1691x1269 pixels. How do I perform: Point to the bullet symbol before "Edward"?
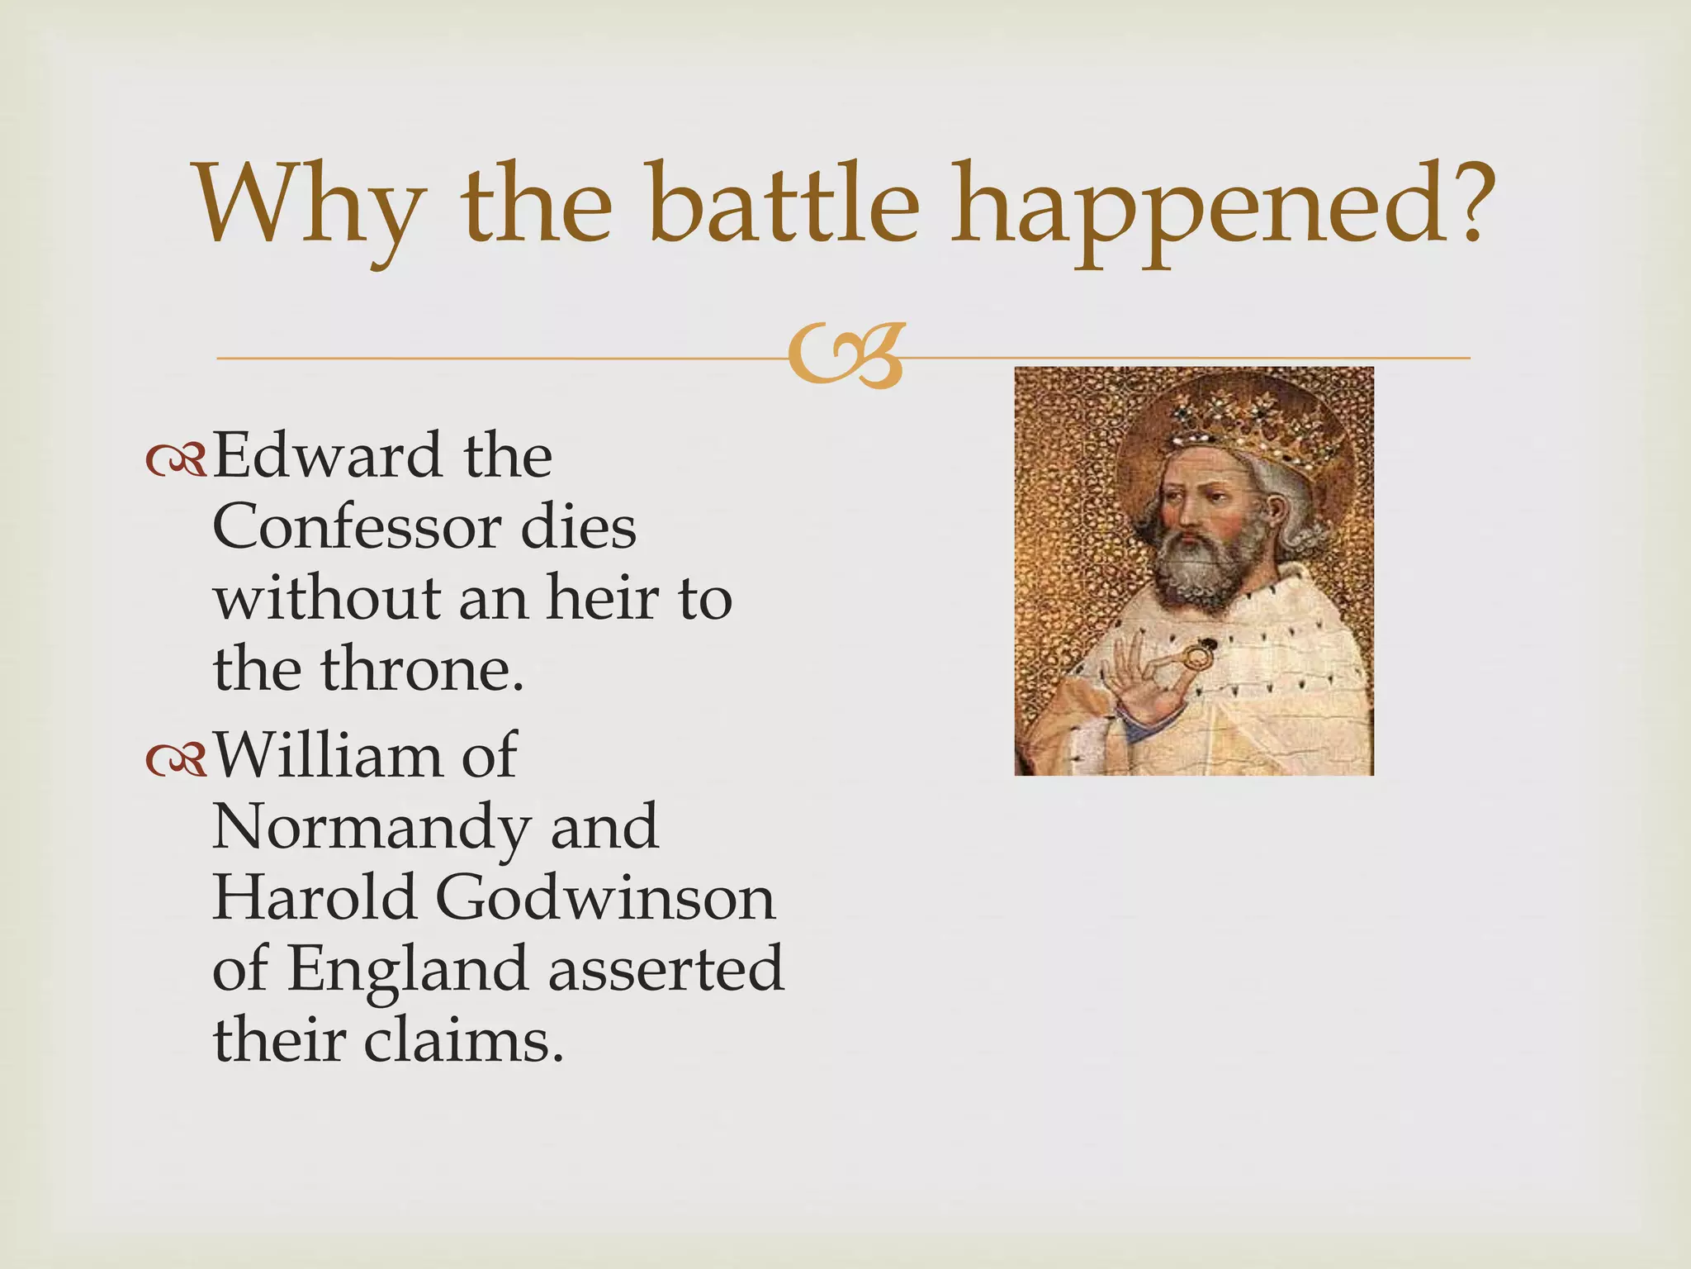point(176,462)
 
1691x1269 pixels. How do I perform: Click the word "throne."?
point(421,669)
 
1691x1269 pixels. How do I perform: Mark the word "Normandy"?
point(371,828)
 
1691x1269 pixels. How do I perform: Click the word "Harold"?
point(315,898)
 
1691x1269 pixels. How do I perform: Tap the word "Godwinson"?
point(605,898)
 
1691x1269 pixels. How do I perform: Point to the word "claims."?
point(463,1040)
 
